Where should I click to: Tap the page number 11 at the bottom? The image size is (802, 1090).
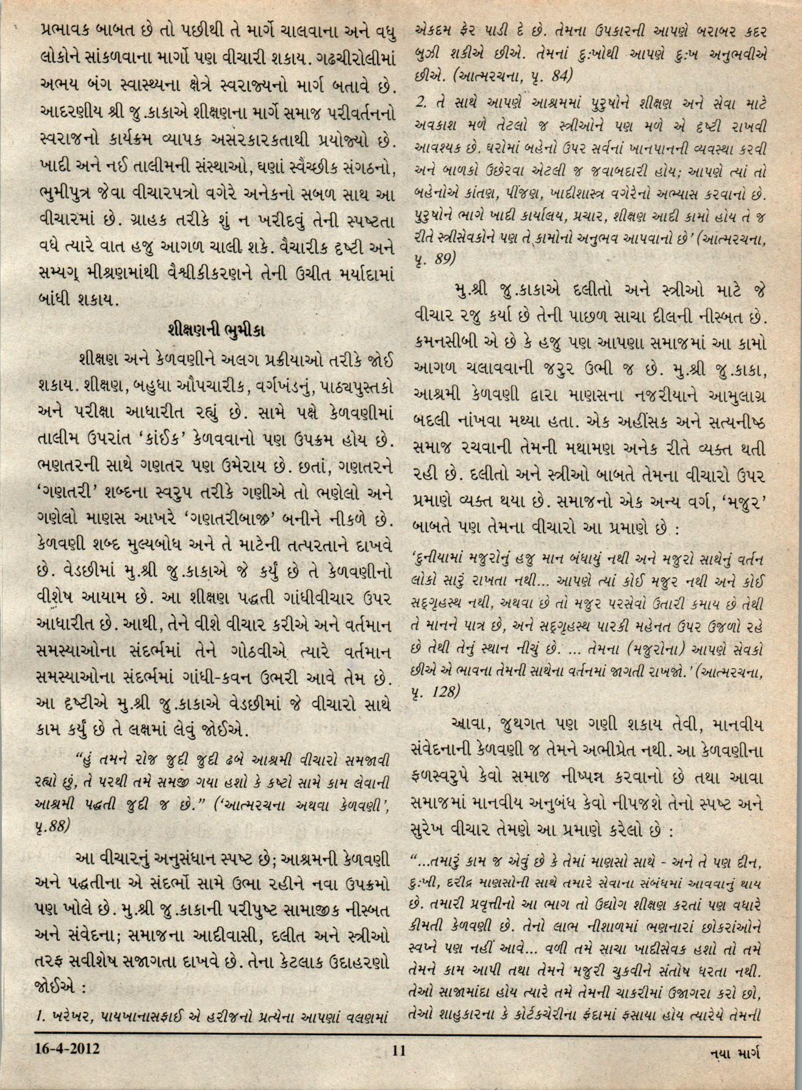(399, 1050)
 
